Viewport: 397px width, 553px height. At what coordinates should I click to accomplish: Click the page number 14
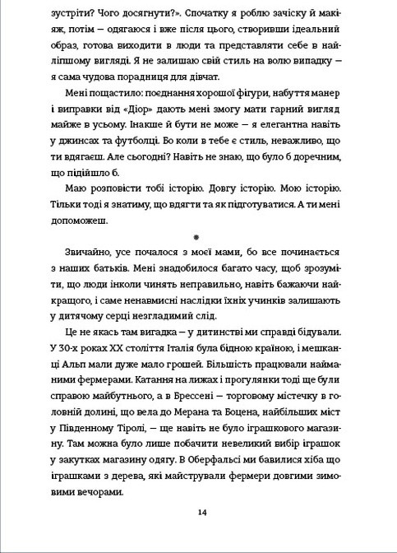(201, 513)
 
